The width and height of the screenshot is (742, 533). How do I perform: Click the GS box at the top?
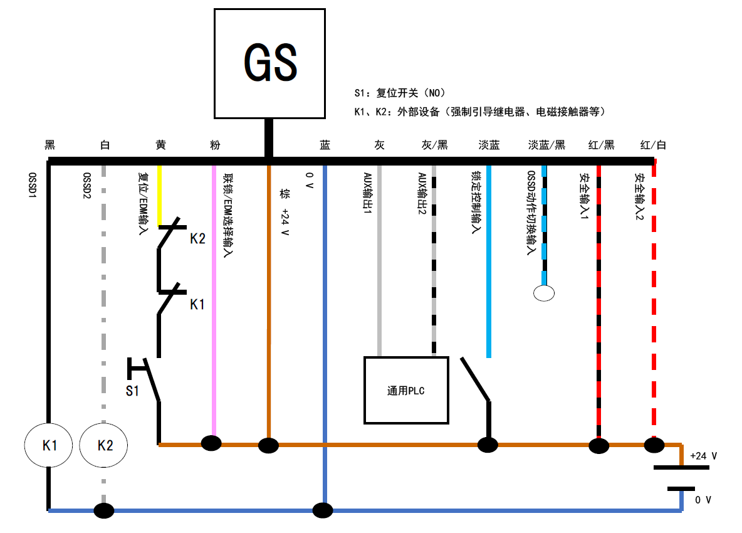click(269, 63)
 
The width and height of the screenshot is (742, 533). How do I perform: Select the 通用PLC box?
click(406, 391)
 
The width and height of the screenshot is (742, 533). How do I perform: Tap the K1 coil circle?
click(50, 445)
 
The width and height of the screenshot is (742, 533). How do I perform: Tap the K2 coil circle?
click(105, 445)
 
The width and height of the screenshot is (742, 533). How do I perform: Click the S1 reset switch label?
click(132, 391)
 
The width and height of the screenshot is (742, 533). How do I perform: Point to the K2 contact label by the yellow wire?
click(197, 239)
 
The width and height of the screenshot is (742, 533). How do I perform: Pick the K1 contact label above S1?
click(197, 305)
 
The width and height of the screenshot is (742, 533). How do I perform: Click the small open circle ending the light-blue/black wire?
click(543, 292)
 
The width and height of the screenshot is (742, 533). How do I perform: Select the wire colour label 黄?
click(160, 145)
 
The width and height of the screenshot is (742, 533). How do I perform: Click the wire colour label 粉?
click(215, 145)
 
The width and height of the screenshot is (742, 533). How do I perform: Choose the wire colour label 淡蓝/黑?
click(546, 145)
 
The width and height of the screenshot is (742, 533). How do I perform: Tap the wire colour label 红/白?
click(653, 145)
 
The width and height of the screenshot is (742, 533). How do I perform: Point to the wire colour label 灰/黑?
click(434, 145)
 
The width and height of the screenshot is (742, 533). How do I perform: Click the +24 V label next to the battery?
click(703, 456)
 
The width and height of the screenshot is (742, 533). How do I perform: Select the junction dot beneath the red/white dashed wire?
click(654, 445)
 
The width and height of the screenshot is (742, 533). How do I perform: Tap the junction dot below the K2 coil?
click(104, 510)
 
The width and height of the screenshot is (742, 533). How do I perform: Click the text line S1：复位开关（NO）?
click(399, 93)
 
